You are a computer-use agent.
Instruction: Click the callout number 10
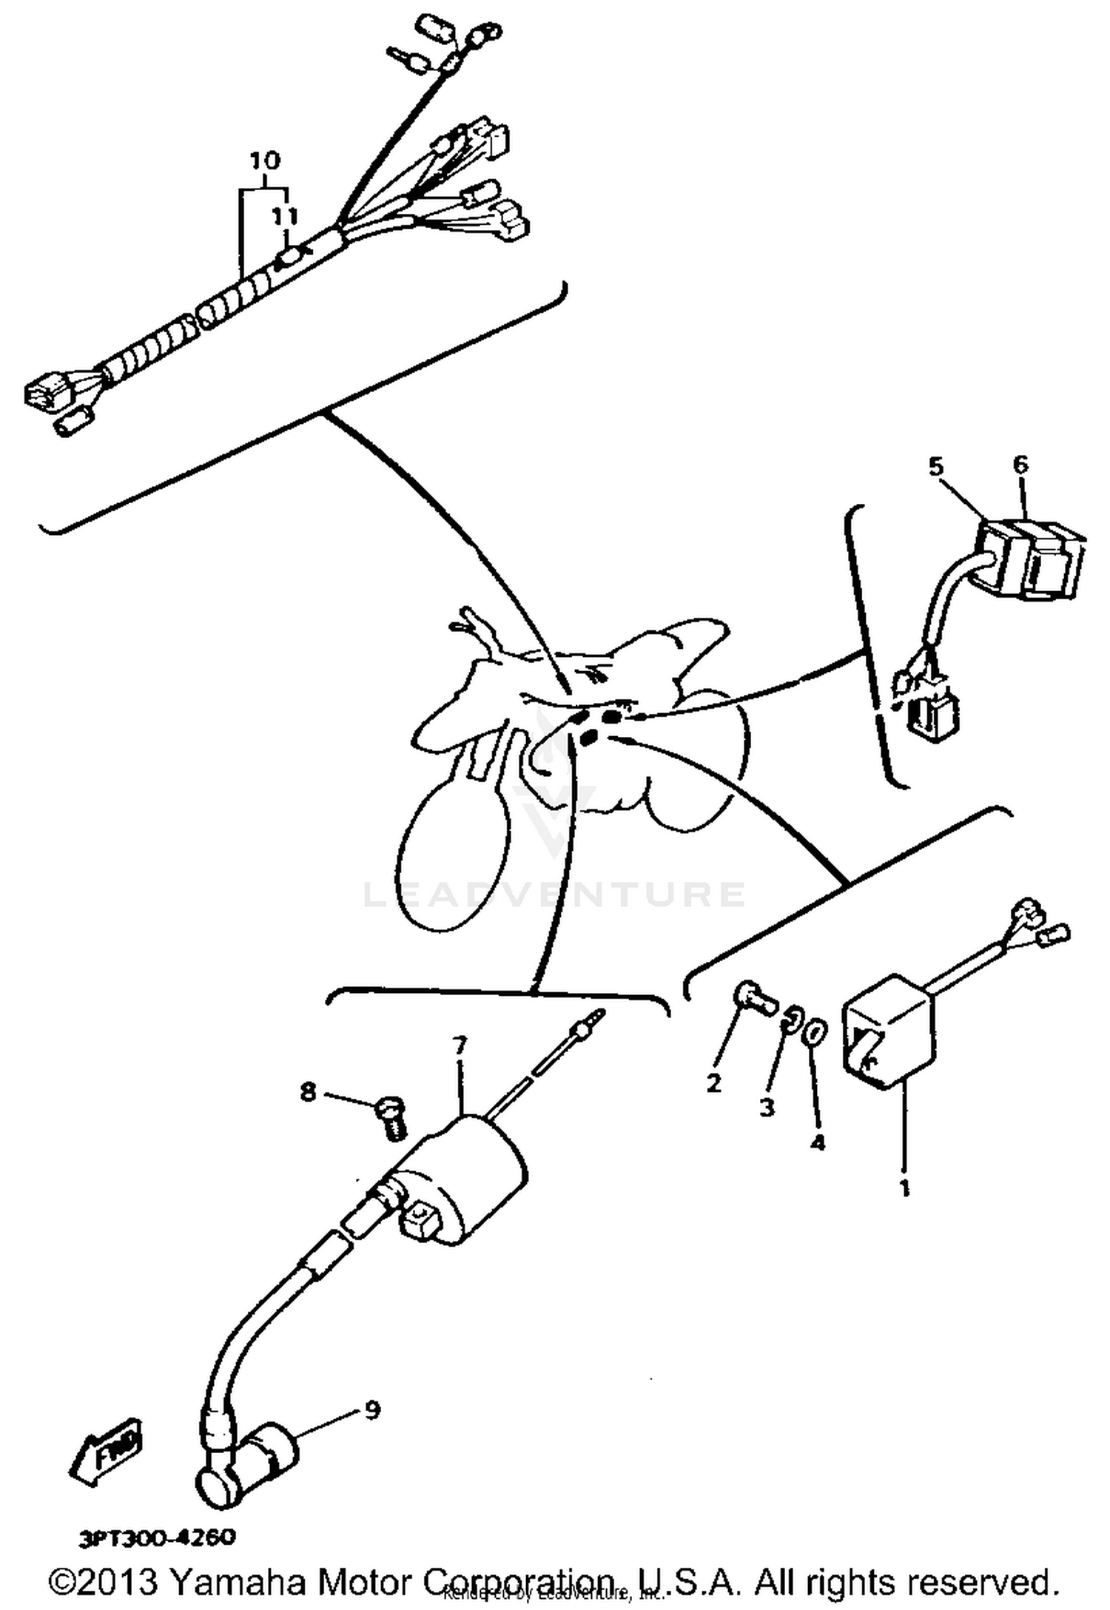(x=265, y=160)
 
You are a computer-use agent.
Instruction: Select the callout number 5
(x=936, y=467)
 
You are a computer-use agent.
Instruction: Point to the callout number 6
(x=1020, y=465)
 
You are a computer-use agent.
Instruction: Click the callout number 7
(x=460, y=1045)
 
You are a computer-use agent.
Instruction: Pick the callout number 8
(x=308, y=1091)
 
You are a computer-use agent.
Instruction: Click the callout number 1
(x=904, y=1188)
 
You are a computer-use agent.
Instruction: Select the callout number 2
(x=713, y=1083)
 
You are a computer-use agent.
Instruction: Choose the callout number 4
(x=816, y=1142)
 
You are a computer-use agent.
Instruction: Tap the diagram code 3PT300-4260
(x=157, y=1537)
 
